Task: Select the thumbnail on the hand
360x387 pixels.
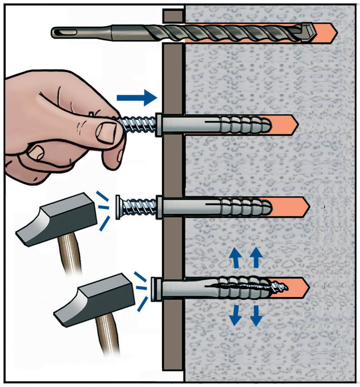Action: click(107, 131)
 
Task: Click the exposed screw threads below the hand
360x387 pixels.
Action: click(142, 208)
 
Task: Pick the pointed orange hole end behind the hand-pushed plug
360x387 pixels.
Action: click(294, 125)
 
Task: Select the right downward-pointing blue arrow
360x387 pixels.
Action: click(257, 315)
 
